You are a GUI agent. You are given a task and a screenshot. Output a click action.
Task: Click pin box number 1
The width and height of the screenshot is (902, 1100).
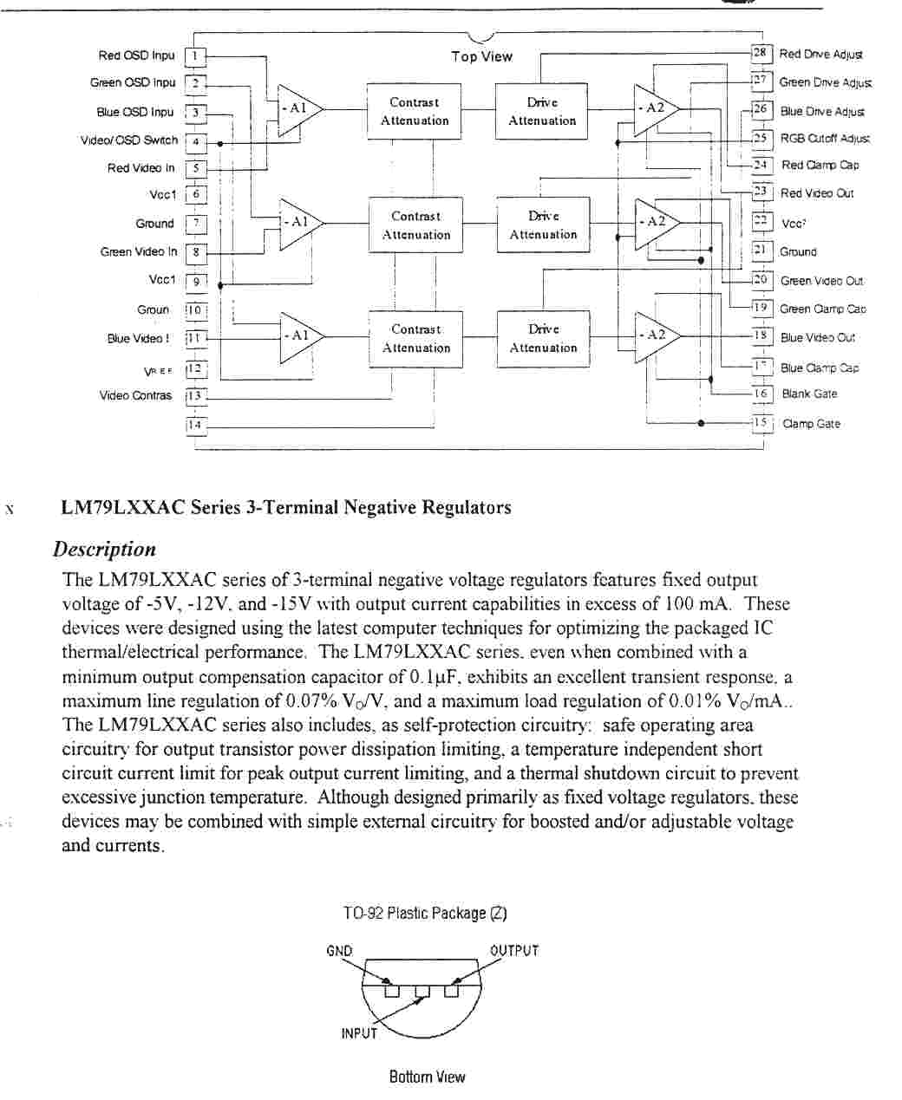[x=196, y=56]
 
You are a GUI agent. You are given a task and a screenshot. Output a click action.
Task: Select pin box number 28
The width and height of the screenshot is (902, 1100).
[x=761, y=53]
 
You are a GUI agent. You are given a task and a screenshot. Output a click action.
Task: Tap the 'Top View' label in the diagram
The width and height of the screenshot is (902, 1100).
[x=481, y=56]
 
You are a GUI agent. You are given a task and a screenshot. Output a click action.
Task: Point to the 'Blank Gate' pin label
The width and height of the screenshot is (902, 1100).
[x=809, y=394]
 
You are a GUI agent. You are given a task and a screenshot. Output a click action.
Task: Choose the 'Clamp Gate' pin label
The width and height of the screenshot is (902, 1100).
[x=811, y=424]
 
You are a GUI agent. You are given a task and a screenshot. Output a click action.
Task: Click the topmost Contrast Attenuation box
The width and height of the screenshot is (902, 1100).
[x=415, y=111]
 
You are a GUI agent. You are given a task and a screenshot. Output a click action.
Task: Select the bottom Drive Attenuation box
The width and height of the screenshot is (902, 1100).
[x=543, y=338]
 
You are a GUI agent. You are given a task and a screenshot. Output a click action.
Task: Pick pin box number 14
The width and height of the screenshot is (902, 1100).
[x=196, y=425]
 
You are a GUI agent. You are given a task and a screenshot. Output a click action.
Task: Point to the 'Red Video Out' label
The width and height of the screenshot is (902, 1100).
[x=817, y=193]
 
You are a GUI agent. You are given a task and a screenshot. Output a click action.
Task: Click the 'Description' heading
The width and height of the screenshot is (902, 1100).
[x=104, y=549]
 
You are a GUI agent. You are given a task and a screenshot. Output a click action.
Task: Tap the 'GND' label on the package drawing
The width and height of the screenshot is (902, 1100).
[x=339, y=951]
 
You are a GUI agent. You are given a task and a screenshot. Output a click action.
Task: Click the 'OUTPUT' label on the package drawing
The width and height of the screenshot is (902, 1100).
[x=514, y=951]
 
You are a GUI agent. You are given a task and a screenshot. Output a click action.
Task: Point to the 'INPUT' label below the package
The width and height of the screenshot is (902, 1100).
[x=359, y=1033]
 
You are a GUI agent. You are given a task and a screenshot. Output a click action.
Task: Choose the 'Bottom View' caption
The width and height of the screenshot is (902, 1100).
[x=427, y=1077]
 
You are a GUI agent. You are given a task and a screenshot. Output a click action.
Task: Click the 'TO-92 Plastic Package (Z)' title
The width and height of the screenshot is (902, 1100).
[x=425, y=913]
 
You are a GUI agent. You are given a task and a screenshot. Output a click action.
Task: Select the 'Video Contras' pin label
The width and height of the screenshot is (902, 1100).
[x=135, y=395]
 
